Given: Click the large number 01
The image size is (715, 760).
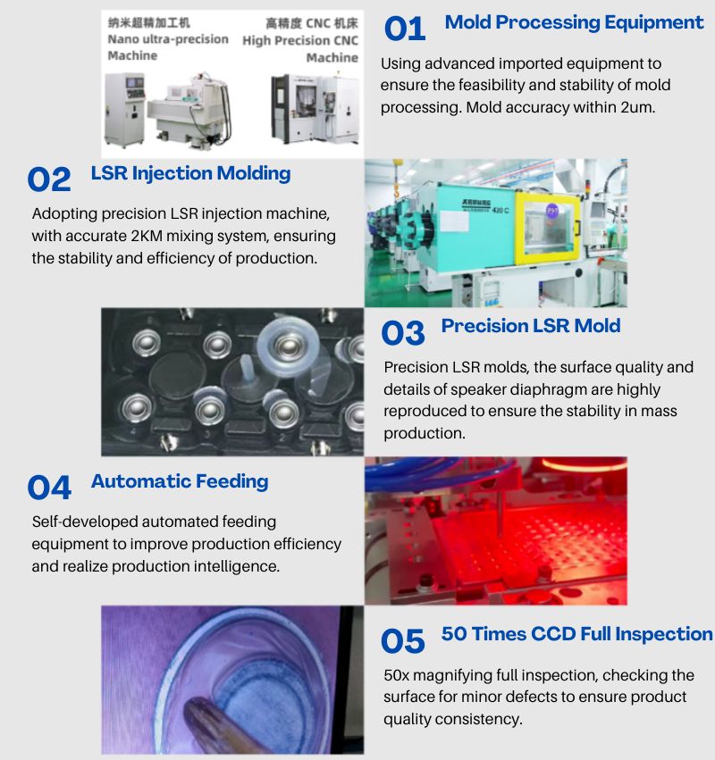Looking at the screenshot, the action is pos(405,29).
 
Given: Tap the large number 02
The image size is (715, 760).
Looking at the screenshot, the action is pos(49,180).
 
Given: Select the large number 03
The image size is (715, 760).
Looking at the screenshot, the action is pos(402,333).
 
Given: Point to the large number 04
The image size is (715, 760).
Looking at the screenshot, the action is pos(49,488).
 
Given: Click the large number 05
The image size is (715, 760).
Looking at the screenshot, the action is pos(402,641).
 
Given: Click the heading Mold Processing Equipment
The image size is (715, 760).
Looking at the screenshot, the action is pos(574,22).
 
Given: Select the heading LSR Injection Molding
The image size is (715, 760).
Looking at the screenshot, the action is pos(190,173).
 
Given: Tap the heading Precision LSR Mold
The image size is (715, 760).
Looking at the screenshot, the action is pos(531,326).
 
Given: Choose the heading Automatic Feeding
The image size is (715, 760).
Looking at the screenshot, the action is pos(180,481).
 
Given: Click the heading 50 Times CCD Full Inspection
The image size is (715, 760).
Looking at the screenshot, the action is pos(576,634).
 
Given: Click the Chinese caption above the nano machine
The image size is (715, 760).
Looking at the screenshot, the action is pos(149,23).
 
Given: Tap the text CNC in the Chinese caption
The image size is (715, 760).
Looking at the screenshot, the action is pos(317,23).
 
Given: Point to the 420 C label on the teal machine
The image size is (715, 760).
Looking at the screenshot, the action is pos(500,211).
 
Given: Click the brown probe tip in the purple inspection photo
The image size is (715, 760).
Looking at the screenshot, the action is pos(194,709).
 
